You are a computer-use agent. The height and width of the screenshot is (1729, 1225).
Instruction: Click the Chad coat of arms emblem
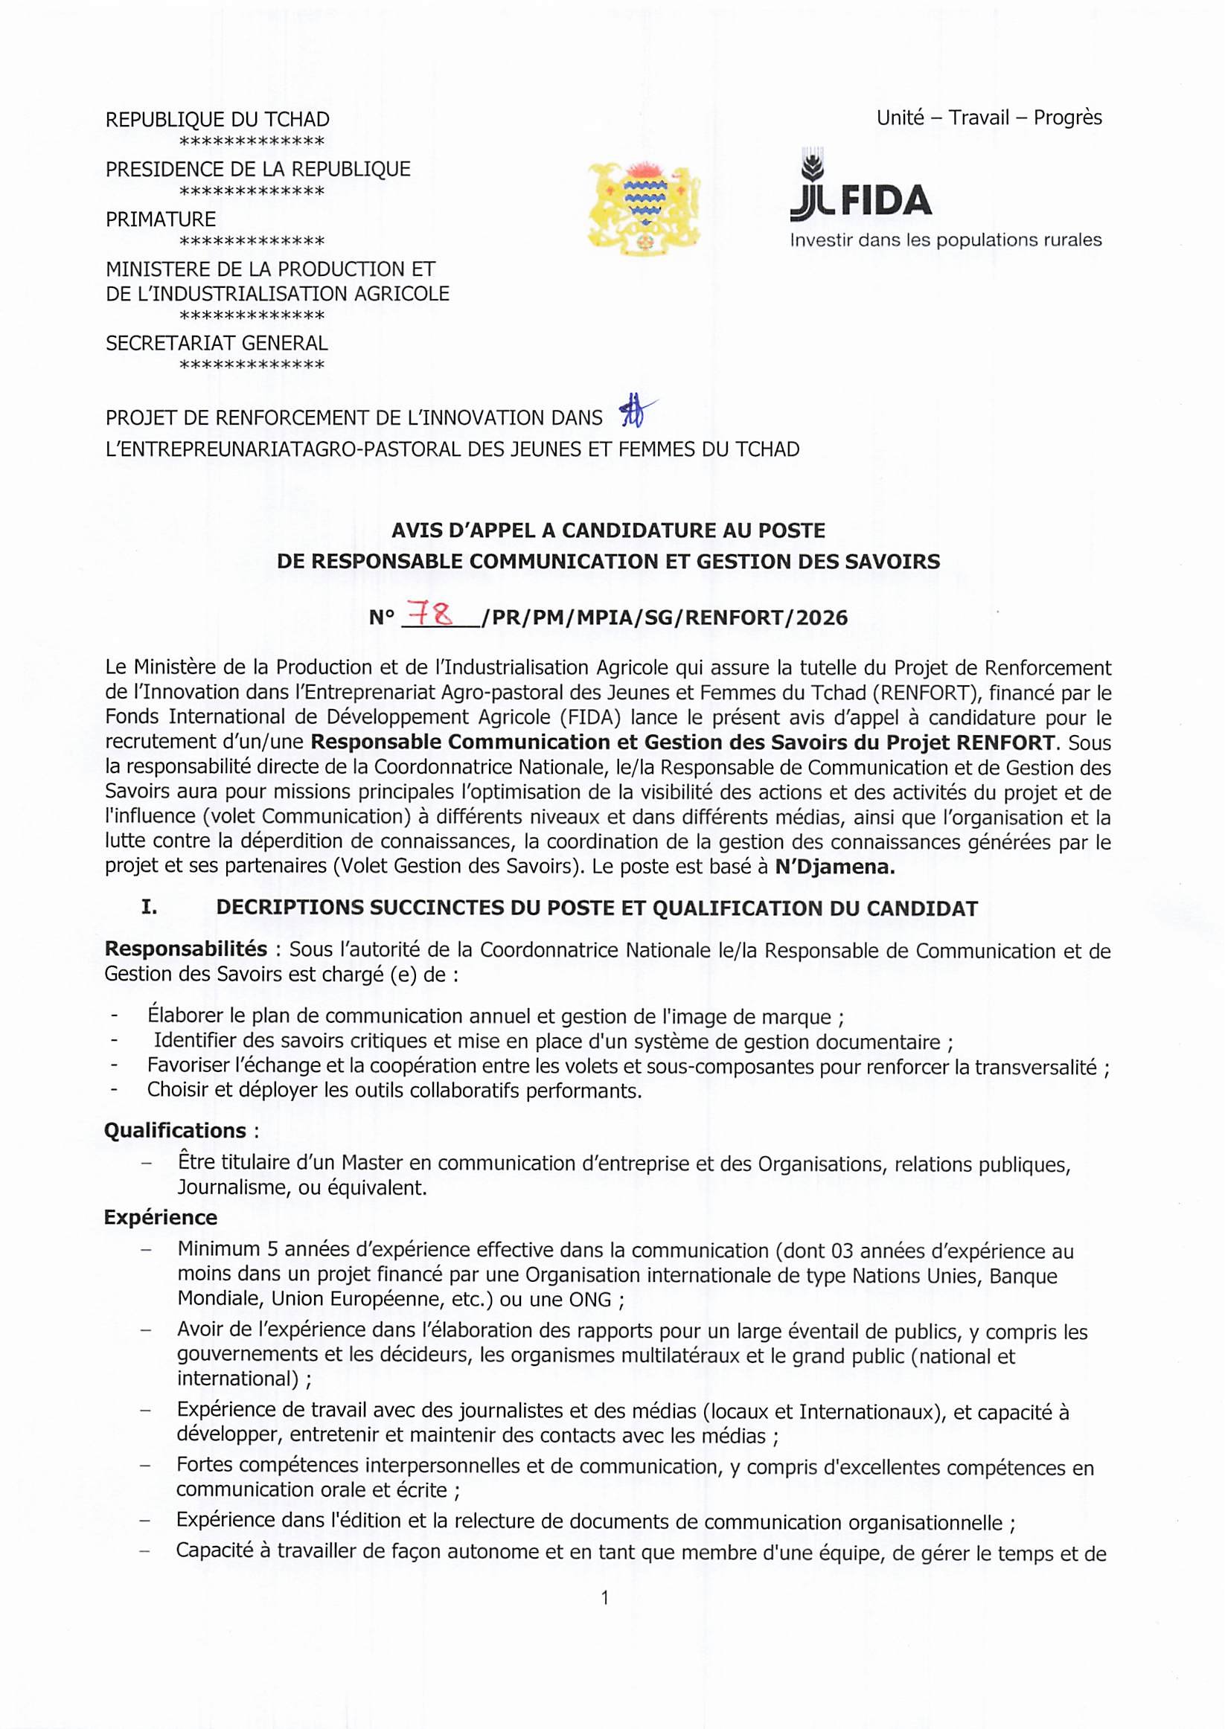(x=644, y=207)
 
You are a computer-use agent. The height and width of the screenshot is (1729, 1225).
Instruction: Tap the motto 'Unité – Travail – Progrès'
(x=988, y=118)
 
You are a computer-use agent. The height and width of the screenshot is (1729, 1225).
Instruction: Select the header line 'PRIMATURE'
(x=161, y=219)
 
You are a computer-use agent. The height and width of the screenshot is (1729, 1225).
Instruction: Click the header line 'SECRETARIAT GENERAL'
(x=217, y=343)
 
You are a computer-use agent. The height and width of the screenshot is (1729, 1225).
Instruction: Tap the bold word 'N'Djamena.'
(x=834, y=867)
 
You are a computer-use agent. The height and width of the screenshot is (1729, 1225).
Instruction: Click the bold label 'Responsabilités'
(x=185, y=949)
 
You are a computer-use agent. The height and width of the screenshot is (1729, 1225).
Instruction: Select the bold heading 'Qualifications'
(x=175, y=1130)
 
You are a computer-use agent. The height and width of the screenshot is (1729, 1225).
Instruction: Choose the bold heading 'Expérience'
(x=161, y=1218)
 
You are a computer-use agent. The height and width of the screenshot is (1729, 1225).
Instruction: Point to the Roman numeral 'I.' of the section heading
(x=150, y=908)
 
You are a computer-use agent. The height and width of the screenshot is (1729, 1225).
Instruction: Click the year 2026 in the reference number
(x=822, y=618)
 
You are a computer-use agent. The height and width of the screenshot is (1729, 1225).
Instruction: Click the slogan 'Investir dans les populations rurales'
(x=945, y=240)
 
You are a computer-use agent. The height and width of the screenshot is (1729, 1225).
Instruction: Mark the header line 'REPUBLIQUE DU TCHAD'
(x=217, y=120)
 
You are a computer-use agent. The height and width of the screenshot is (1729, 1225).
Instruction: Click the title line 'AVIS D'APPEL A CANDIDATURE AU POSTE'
(x=608, y=530)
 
